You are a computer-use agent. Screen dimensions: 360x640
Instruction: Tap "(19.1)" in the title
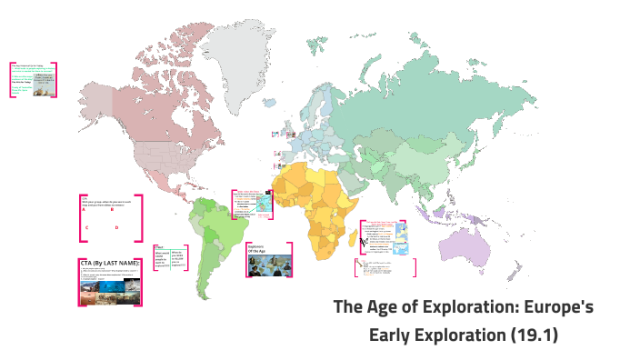[532, 334]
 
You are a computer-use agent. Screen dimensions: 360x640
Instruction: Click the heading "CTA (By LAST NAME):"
[110, 263]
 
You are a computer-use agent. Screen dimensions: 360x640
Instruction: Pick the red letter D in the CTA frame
[116, 227]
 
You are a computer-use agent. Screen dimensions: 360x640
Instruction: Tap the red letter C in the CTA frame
[87, 227]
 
